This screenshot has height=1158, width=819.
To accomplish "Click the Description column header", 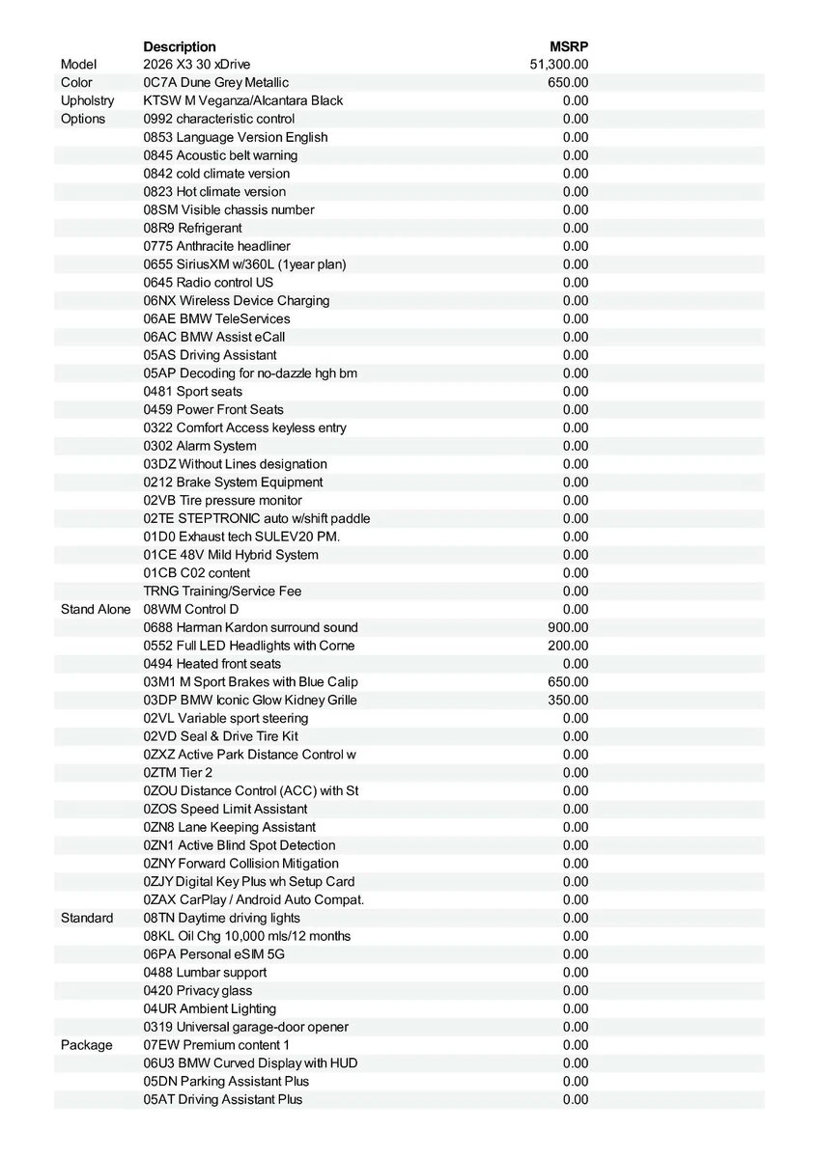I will [x=180, y=46].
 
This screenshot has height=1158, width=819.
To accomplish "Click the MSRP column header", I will [x=569, y=46].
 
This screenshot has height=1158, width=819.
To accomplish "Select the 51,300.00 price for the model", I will [x=559, y=65].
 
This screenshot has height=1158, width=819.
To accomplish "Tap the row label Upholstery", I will [x=87, y=100].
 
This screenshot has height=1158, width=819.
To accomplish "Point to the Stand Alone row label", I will [x=96, y=609].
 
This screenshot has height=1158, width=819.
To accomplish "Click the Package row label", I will [x=86, y=1045].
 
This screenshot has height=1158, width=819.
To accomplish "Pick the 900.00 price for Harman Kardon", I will [x=568, y=627].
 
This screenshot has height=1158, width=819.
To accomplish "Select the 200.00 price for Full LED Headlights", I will [x=568, y=646].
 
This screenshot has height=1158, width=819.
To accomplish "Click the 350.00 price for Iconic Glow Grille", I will [x=568, y=700].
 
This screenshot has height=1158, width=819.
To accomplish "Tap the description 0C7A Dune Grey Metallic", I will [x=215, y=83].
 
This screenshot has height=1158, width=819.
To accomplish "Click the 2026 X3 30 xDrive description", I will [x=196, y=65].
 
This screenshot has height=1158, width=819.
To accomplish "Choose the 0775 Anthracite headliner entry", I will [x=216, y=246].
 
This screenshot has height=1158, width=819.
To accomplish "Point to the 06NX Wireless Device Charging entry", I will [x=237, y=300].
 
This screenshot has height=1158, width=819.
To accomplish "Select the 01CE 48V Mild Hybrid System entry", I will [x=231, y=555].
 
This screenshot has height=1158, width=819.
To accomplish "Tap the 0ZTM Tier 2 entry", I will [x=178, y=772].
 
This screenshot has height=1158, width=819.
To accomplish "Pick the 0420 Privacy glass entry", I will [x=198, y=990].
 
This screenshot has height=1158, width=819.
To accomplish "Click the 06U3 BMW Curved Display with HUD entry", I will [x=250, y=1062].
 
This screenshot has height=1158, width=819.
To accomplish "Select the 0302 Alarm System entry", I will [x=200, y=446].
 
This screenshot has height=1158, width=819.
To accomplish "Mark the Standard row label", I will [x=86, y=918].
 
